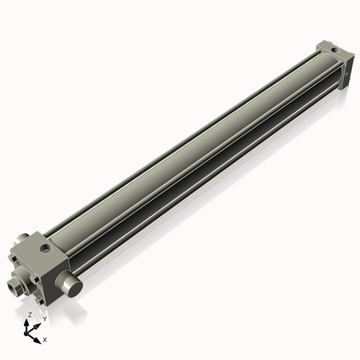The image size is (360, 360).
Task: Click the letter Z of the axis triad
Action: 29,315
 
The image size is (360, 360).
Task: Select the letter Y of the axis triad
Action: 44,319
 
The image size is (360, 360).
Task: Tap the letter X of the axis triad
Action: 45,338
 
